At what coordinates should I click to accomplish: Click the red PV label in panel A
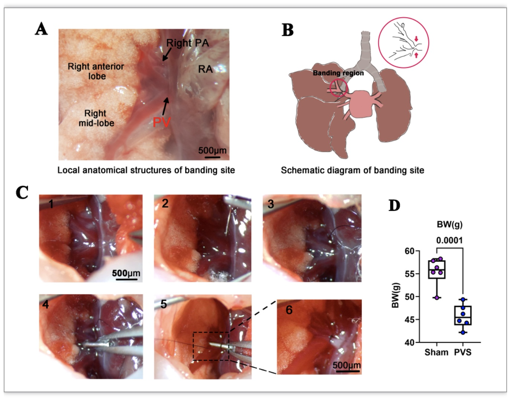click(x=161, y=122)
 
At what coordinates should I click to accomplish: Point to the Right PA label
click(x=187, y=43)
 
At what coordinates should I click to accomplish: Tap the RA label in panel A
click(x=205, y=69)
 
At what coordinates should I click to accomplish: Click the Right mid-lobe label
click(x=96, y=118)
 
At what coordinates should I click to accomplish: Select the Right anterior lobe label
click(x=96, y=71)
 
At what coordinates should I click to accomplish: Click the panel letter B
click(x=288, y=30)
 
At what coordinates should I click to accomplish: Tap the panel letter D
click(x=394, y=206)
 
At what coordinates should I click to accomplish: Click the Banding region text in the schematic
click(x=338, y=73)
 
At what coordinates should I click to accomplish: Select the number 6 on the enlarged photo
click(x=289, y=310)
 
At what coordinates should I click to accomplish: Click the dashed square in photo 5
click(x=193, y=346)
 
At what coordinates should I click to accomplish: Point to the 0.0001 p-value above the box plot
click(x=449, y=240)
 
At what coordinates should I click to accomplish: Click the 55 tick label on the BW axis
click(x=410, y=274)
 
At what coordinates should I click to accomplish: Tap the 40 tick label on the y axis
click(x=410, y=342)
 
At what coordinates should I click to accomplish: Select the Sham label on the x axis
click(x=436, y=352)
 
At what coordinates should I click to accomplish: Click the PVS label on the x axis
click(x=463, y=352)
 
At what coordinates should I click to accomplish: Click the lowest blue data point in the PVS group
click(x=463, y=333)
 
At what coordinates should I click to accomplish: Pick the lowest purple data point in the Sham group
click(x=437, y=298)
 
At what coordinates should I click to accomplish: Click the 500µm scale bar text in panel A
click(x=212, y=150)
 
